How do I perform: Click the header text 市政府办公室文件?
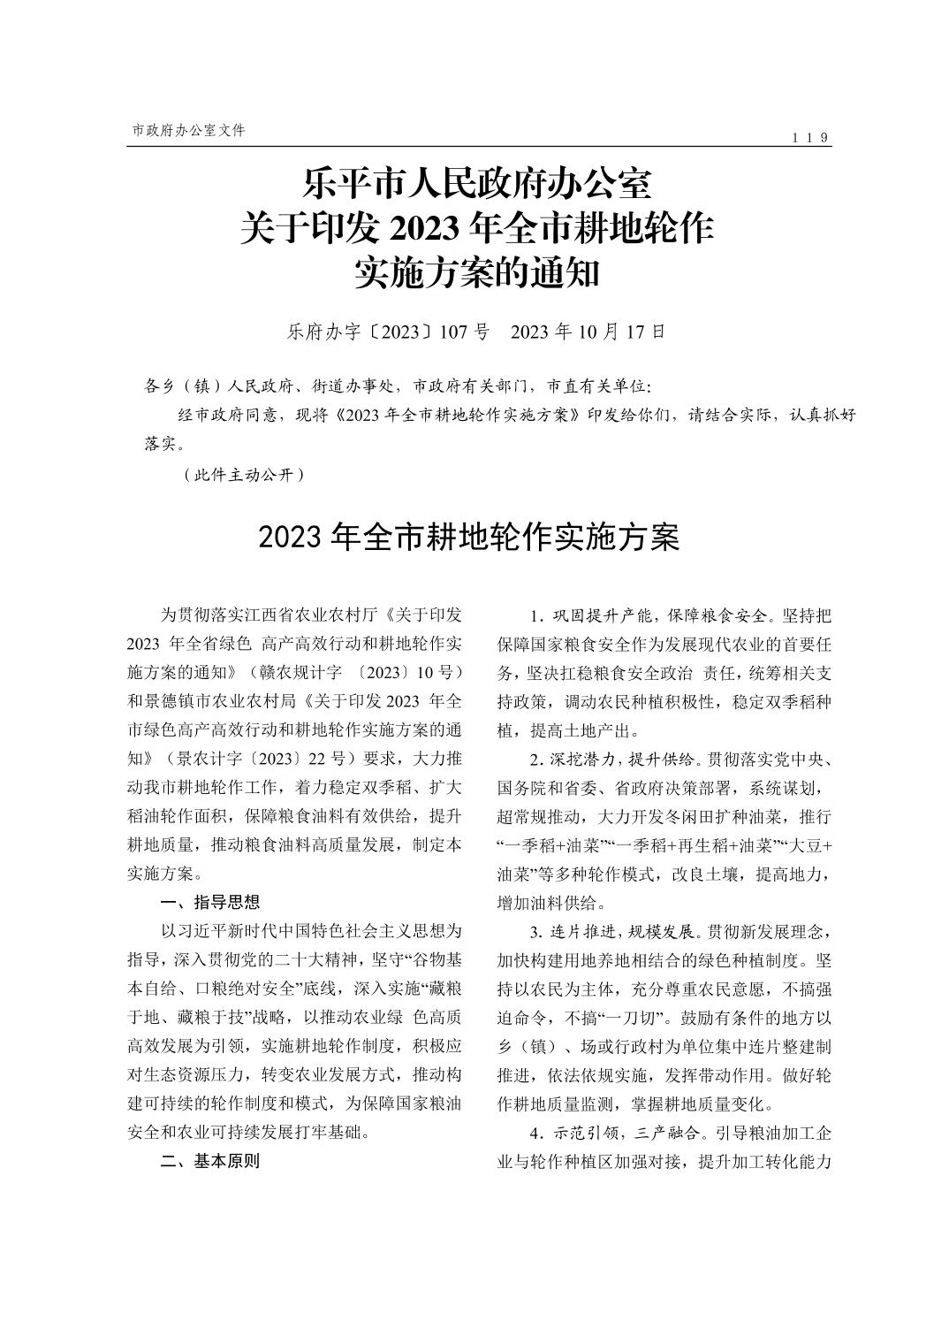click(188, 130)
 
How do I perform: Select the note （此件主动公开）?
click(245, 475)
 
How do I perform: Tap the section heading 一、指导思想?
click(210, 903)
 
